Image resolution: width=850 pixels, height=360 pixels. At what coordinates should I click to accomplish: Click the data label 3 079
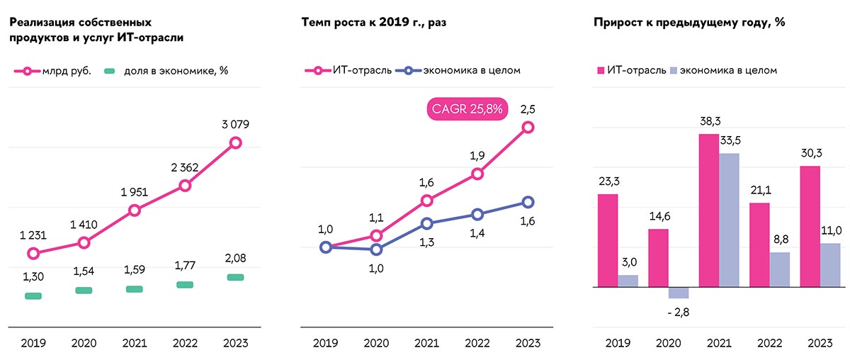pyautogui.click(x=236, y=124)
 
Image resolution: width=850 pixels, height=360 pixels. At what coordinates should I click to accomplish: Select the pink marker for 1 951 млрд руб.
pyautogui.click(x=135, y=210)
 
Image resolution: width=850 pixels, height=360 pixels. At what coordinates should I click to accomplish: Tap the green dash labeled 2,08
pyautogui.click(x=236, y=277)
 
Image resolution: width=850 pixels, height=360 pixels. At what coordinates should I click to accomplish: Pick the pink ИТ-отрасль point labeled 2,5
pyautogui.click(x=528, y=128)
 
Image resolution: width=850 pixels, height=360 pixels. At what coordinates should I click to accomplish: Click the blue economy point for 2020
pyautogui.click(x=377, y=249)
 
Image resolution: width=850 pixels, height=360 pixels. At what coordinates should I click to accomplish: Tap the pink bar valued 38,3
pyautogui.click(x=709, y=210)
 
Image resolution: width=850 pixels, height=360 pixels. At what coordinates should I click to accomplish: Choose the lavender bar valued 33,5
pyautogui.click(x=729, y=220)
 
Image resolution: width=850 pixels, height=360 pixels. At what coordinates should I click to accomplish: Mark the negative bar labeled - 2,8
pyautogui.click(x=679, y=293)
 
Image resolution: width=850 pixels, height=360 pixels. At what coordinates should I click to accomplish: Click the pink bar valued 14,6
pyautogui.click(x=659, y=258)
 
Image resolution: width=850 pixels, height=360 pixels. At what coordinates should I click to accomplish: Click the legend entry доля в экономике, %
pyautogui.click(x=166, y=71)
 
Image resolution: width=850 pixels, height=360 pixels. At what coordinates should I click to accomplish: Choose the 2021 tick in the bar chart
pyautogui.click(x=719, y=343)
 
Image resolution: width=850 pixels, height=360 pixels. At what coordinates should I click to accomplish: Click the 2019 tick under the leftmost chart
pyautogui.click(x=33, y=343)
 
